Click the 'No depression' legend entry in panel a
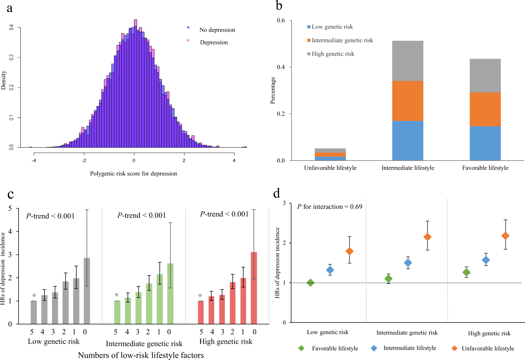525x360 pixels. (x=217, y=30)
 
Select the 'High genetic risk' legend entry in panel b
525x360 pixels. (x=333, y=54)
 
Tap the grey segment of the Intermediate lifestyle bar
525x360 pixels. (x=407, y=61)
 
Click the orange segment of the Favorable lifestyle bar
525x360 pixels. (x=485, y=109)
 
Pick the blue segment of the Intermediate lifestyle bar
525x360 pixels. (x=407, y=141)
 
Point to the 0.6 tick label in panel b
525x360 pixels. (x=281, y=21)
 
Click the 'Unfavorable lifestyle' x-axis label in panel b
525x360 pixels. (x=330, y=168)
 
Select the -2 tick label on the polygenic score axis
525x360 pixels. (x=84, y=161)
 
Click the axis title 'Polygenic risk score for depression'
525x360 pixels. (x=133, y=174)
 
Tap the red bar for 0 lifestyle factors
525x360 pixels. (x=254, y=288)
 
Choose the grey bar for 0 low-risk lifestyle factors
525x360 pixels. (x=87, y=291)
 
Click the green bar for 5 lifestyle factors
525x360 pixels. (x=117, y=312)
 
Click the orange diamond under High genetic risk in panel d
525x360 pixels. (x=505, y=236)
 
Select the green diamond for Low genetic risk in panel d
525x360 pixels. (x=310, y=283)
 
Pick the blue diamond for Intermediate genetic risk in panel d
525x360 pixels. (x=408, y=263)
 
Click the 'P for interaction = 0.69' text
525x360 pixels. (x=330, y=207)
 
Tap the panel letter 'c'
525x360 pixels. (x=11, y=194)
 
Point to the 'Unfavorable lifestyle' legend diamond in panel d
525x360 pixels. (x=454, y=348)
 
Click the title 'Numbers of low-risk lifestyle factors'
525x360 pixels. (x=141, y=355)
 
